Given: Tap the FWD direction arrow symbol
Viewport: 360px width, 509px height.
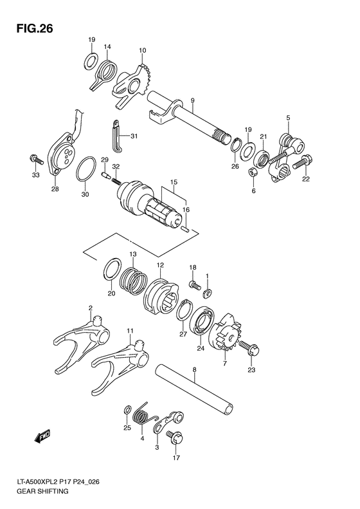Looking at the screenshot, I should (x=43, y=438).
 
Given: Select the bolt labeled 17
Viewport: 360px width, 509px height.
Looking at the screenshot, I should (x=174, y=437).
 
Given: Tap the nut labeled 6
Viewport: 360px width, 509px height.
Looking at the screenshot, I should (x=253, y=173).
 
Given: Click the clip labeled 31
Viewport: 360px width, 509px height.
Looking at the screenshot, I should (x=114, y=136).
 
